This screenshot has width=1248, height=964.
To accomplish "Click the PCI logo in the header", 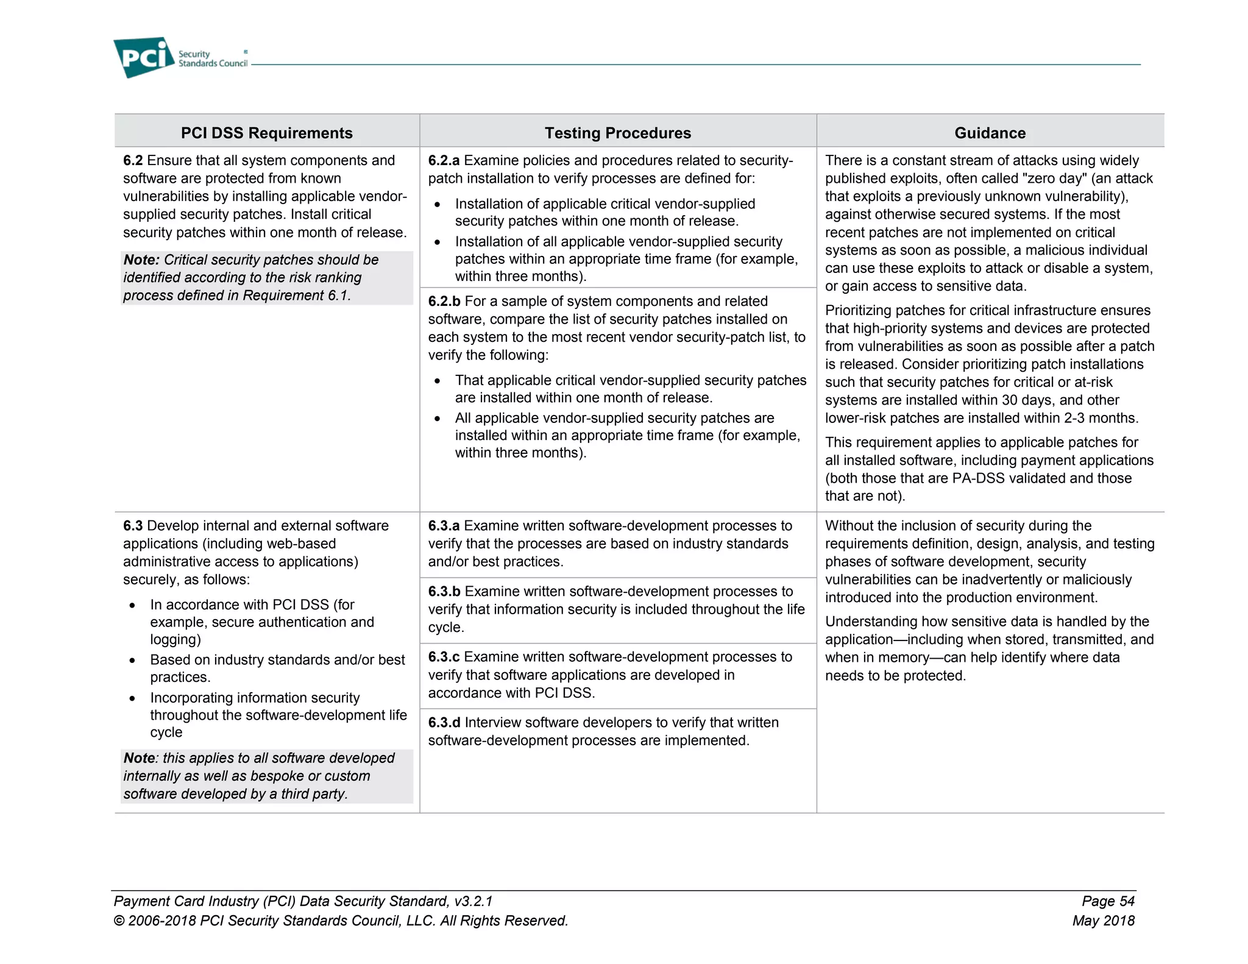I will tap(144, 57).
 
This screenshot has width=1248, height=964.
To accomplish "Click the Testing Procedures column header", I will tap(617, 133).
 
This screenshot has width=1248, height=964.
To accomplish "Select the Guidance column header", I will tap(990, 133).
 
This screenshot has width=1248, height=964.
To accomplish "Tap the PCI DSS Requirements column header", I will tap(266, 133).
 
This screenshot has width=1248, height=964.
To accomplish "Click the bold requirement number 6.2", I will tap(133, 160).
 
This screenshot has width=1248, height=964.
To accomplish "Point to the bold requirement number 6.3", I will tap(133, 526).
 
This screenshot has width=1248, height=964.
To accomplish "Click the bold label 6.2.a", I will tap(444, 160).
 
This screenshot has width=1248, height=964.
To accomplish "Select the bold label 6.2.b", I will tap(444, 302).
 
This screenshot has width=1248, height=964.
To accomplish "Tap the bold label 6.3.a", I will tap(444, 526).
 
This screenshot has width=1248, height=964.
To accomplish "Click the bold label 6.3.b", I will tap(444, 592).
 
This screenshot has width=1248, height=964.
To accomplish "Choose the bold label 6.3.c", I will tap(444, 657).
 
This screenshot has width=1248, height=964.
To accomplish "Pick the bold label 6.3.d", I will tap(444, 723).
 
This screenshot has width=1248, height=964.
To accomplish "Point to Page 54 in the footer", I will tap(1108, 901).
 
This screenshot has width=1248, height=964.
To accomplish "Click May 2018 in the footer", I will tap(1103, 921).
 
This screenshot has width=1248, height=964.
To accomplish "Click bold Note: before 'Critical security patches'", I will tap(141, 260).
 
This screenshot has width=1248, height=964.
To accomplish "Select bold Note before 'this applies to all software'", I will tap(140, 758).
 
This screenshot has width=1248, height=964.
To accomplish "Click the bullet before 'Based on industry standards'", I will tap(132, 661).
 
